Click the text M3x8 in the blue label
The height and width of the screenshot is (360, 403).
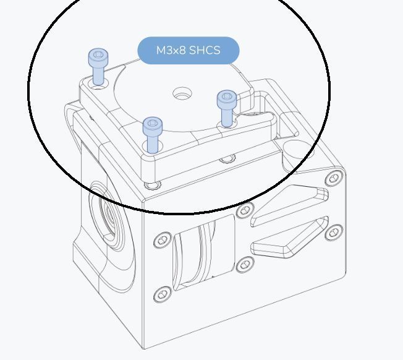tap(171, 50)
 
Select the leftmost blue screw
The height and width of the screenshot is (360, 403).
tap(98, 67)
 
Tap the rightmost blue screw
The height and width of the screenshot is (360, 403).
tap(227, 108)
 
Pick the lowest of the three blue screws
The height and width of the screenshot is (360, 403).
tap(153, 135)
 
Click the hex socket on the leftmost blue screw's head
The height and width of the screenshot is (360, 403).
tap(98, 54)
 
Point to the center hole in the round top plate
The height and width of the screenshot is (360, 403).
tap(182, 93)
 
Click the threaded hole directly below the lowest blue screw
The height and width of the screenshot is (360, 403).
tap(152, 185)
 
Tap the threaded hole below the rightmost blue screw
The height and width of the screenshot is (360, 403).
tap(227, 159)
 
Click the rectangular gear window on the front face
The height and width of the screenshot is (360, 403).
tap(205, 252)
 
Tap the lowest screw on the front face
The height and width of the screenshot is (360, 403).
tap(162, 294)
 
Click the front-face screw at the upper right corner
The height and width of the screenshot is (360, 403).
tap(334, 178)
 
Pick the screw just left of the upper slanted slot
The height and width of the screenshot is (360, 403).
tap(245, 210)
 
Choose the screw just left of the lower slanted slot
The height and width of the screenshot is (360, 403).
tap(245, 264)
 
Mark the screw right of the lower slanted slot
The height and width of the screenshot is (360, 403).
tap(334, 233)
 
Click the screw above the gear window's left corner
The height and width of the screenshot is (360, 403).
tap(163, 240)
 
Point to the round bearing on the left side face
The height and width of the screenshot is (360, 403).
tap(109, 216)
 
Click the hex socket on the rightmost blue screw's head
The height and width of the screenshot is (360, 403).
tap(227, 96)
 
